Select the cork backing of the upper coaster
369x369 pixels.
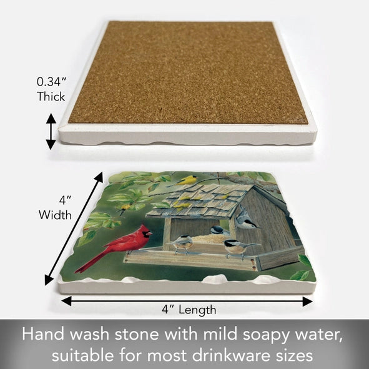pyautogui.click(x=187, y=72)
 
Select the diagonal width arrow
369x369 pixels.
pyautogui.click(x=74, y=229)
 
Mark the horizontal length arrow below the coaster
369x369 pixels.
pyautogui.click(x=187, y=300)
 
